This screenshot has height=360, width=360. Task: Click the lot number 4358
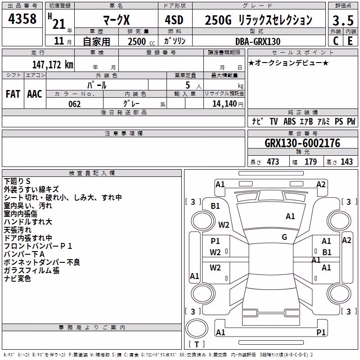pyautogui.click(x=22, y=19)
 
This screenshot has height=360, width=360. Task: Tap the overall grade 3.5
pyautogui.click(x=343, y=20)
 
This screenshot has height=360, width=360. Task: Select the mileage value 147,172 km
pyautogui.click(x=53, y=65)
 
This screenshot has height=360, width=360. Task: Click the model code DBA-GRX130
pyautogui.click(x=258, y=41)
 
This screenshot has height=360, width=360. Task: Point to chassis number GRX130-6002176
pyautogui.click(x=302, y=143)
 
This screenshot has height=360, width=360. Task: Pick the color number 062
pyautogui.click(x=75, y=104)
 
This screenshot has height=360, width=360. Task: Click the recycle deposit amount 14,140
pyautogui.click(x=225, y=104)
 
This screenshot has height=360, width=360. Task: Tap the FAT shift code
pyautogui.click(x=13, y=94)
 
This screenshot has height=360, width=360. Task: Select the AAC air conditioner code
pyautogui.click(x=35, y=94)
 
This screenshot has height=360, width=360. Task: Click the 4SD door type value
pyautogui.click(x=174, y=20)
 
